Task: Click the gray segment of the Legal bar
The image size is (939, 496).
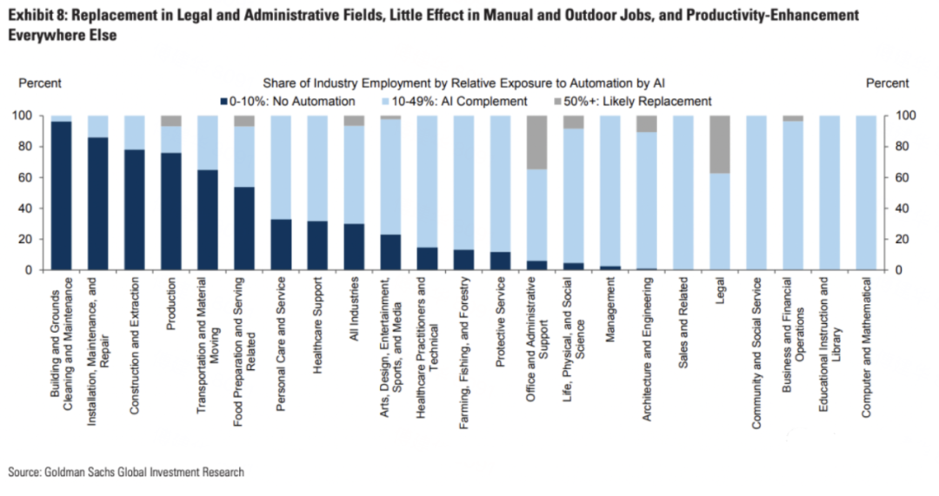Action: click(721, 144)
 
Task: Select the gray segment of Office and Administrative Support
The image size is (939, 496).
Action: click(537, 142)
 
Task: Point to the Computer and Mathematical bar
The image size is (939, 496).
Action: click(866, 192)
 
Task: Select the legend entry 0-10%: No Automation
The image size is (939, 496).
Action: click(278, 101)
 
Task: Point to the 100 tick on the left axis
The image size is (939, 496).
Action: click(23, 116)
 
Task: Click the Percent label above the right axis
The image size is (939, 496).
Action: click(888, 83)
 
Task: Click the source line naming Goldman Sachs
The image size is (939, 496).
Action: click(126, 472)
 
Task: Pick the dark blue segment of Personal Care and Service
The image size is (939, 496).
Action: click(282, 244)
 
